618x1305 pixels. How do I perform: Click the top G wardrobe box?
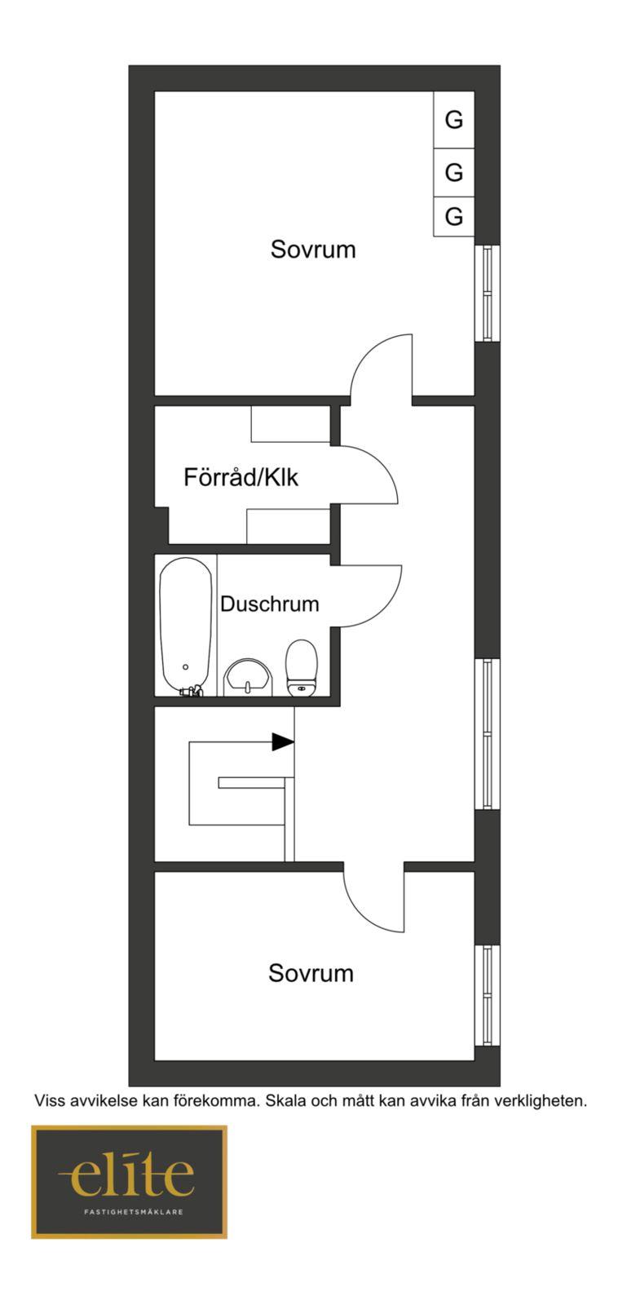[x=454, y=120]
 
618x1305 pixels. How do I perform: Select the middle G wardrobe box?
[x=454, y=173]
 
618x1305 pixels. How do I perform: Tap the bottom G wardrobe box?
[x=454, y=217]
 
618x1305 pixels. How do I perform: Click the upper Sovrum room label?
[x=313, y=250]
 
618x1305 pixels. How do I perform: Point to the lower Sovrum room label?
[x=311, y=973]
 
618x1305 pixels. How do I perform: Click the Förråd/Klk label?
[x=241, y=477]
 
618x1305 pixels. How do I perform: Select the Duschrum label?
[x=270, y=604]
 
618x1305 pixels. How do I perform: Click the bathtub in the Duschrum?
[x=186, y=627]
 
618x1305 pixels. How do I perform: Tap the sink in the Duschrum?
[x=248, y=677]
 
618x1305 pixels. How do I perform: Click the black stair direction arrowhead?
[x=283, y=741]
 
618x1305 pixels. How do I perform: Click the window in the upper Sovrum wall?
[x=488, y=293]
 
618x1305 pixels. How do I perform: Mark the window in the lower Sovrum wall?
[x=488, y=996]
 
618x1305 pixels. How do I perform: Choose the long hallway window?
[x=488, y=734]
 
